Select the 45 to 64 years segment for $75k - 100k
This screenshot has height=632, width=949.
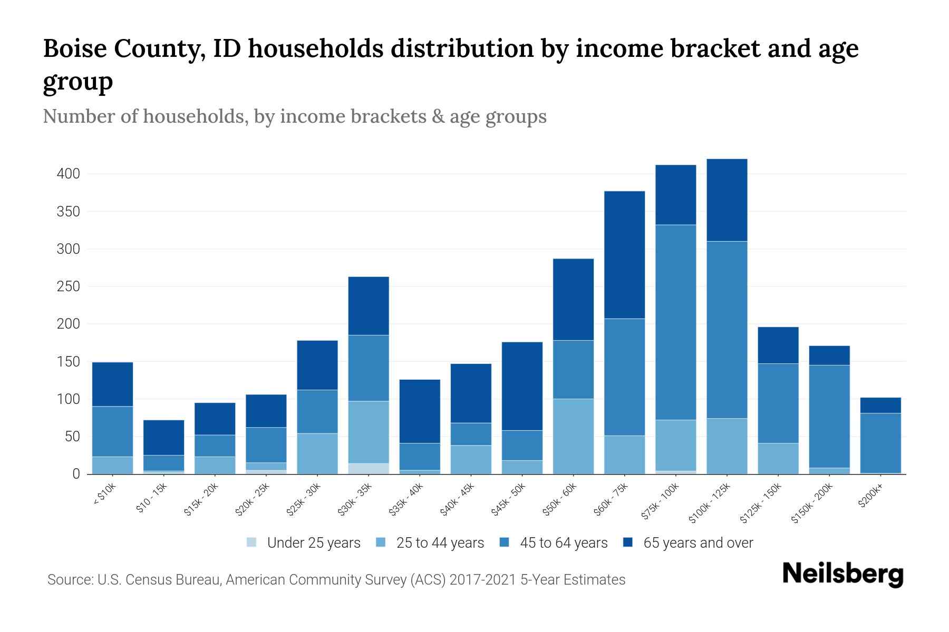(675, 322)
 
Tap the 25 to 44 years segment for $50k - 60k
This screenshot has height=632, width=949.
(573, 436)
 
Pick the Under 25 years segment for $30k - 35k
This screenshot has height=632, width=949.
(369, 469)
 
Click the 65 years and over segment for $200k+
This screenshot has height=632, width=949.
(880, 405)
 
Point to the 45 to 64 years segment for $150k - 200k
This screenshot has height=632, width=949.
(829, 416)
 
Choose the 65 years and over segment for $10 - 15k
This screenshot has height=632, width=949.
(163, 437)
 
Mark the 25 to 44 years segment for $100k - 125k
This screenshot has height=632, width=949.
(727, 446)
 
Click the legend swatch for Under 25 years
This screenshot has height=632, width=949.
(252, 542)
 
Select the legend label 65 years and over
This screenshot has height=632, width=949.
(698, 543)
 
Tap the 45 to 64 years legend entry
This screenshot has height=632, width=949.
(554, 543)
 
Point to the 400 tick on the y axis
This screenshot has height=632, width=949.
(68, 174)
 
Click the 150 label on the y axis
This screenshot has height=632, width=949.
(68, 362)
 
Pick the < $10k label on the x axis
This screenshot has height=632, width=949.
(104, 495)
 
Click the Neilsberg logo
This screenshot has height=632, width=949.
(843, 574)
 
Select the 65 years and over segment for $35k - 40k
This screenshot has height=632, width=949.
(420, 411)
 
